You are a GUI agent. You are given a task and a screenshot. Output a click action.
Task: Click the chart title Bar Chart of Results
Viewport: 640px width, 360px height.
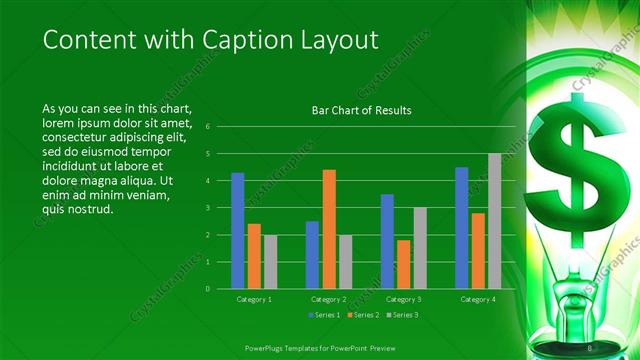point(361,110)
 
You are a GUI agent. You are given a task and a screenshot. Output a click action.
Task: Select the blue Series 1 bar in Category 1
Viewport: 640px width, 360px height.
point(238,231)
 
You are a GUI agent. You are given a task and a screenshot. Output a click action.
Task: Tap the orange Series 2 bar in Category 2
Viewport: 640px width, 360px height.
point(329,229)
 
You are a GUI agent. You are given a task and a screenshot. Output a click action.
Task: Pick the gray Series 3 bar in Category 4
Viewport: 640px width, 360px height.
point(494,221)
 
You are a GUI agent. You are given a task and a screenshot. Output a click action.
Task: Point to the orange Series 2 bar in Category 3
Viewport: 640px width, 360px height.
point(403,264)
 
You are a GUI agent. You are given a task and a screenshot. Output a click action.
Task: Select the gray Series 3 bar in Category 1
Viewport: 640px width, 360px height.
point(270,262)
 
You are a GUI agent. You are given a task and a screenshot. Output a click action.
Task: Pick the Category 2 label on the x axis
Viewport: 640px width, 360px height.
point(329,298)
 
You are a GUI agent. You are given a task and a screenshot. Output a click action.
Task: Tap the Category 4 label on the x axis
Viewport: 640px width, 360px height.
point(478,298)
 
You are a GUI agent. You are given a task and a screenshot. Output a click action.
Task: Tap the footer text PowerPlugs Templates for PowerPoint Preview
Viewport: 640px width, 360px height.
point(319,348)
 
